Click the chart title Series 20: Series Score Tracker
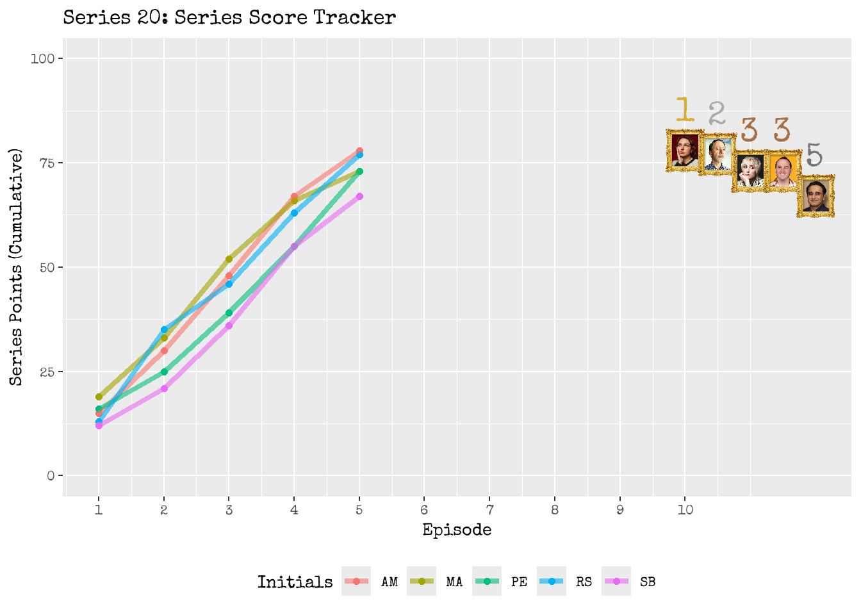pyautogui.click(x=229, y=17)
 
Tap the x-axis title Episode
pyautogui.click(x=457, y=530)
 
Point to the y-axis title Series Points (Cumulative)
pyautogui.click(x=17, y=267)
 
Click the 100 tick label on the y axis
pyautogui.click(x=43, y=59)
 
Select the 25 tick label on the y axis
pyautogui.click(x=47, y=372)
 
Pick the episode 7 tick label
pyautogui.click(x=489, y=510)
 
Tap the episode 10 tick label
pyautogui.click(x=685, y=510)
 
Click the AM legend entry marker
pyautogui.click(x=356, y=582)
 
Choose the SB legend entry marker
pyautogui.click(x=616, y=582)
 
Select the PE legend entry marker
pyautogui.click(x=487, y=582)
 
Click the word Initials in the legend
pyautogui.click(x=295, y=582)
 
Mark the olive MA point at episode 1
pyautogui.click(x=99, y=397)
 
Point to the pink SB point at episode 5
pyautogui.click(x=359, y=196)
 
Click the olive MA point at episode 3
pyautogui.click(x=229, y=259)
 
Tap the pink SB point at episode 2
pyautogui.click(x=164, y=388)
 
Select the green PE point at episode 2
pyautogui.click(x=164, y=372)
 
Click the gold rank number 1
pyautogui.click(x=685, y=110)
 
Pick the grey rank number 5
pyautogui.click(x=814, y=155)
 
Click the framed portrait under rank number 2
pyautogui.click(x=717, y=154)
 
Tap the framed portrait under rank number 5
pyautogui.click(x=816, y=196)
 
